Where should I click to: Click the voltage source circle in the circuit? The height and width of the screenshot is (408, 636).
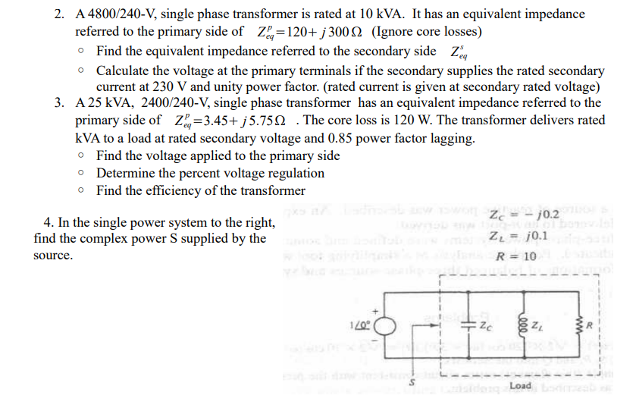click(x=386, y=328)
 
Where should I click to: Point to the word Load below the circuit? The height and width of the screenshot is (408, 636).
click(x=522, y=385)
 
